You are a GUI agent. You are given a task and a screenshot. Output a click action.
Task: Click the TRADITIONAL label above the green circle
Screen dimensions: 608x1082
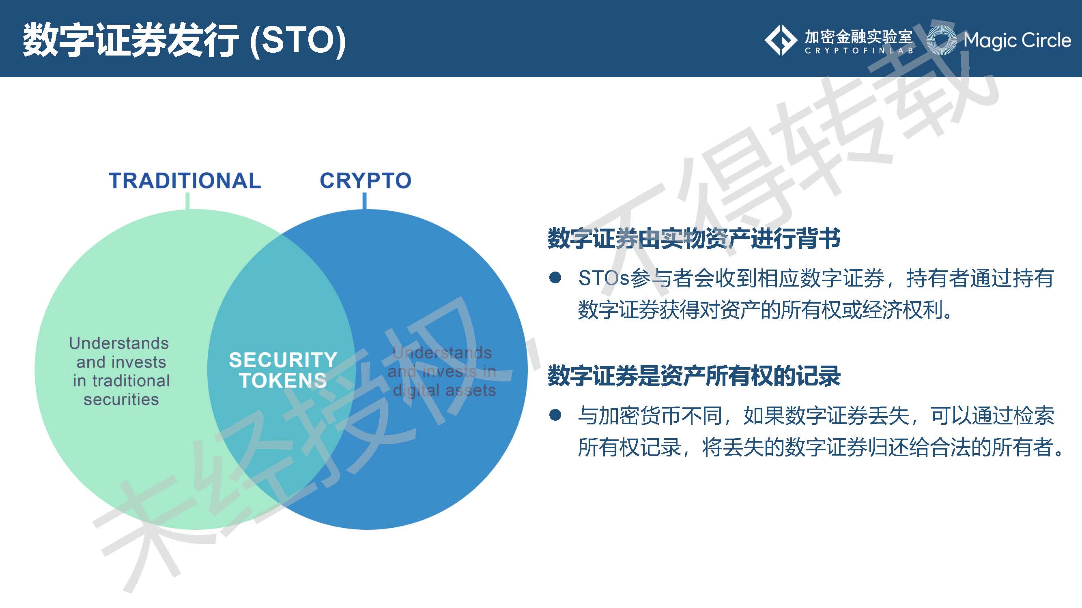(x=185, y=181)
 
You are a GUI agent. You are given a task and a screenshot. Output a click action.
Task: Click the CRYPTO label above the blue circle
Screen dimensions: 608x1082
(x=366, y=181)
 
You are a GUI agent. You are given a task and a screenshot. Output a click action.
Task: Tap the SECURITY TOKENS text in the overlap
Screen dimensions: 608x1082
(x=283, y=370)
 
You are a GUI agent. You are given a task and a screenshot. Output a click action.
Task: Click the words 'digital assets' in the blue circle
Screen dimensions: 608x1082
(x=444, y=390)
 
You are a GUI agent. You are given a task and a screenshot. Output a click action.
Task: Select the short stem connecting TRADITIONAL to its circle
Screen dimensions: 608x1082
(x=187, y=201)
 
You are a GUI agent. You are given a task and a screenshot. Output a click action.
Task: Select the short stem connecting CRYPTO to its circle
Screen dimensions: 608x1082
(x=364, y=201)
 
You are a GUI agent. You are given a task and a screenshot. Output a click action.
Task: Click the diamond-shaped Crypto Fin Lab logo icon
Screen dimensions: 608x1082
(x=781, y=40)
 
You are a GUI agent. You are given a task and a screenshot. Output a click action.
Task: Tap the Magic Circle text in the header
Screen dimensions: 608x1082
(x=1016, y=40)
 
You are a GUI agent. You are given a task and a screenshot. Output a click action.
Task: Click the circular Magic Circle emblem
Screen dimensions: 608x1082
(x=941, y=40)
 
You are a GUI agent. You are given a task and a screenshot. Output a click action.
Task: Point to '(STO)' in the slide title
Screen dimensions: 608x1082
(x=297, y=41)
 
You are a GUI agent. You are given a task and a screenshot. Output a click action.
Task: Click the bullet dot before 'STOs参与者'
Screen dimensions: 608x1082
(x=555, y=278)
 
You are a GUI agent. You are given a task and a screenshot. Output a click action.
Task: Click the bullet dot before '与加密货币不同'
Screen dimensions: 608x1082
(x=555, y=415)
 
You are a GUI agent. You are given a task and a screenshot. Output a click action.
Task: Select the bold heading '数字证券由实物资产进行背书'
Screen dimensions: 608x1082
(x=694, y=238)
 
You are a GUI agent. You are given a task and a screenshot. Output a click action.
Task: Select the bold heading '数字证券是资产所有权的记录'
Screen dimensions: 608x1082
(x=694, y=376)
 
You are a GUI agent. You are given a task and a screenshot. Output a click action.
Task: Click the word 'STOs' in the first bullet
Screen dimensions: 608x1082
(x=603, y=278)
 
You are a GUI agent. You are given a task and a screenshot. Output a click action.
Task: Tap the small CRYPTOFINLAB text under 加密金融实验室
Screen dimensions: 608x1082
(x=858, y=51)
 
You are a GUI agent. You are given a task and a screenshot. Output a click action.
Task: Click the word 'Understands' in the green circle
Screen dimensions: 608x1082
(x=119, y=343)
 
